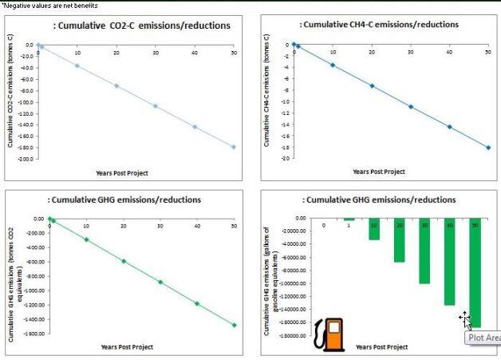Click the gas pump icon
pyautogui.click(x=329, y=334)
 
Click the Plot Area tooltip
pyautogui.click(x=483, y=338)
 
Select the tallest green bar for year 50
pyautogui.click(x=475, y=271)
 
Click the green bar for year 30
pyautogui.click(x=424, y=251)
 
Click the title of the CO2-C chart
pyautogui.click(x=142, y=26)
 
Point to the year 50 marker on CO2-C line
pyautogui.click(x=234, y=147)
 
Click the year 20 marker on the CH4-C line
pyautogui.click(x=372, y=85)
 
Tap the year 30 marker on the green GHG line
pyautogui.click(x=160, y=282)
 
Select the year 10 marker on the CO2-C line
pyautogui.click(x=77, y=65)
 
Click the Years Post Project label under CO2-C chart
pyautogui.click(x=122, y=172)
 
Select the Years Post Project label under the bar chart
pyautogui.click(x=381, y=347)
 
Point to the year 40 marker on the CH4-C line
pyautogui.click(x=449, y=127)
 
